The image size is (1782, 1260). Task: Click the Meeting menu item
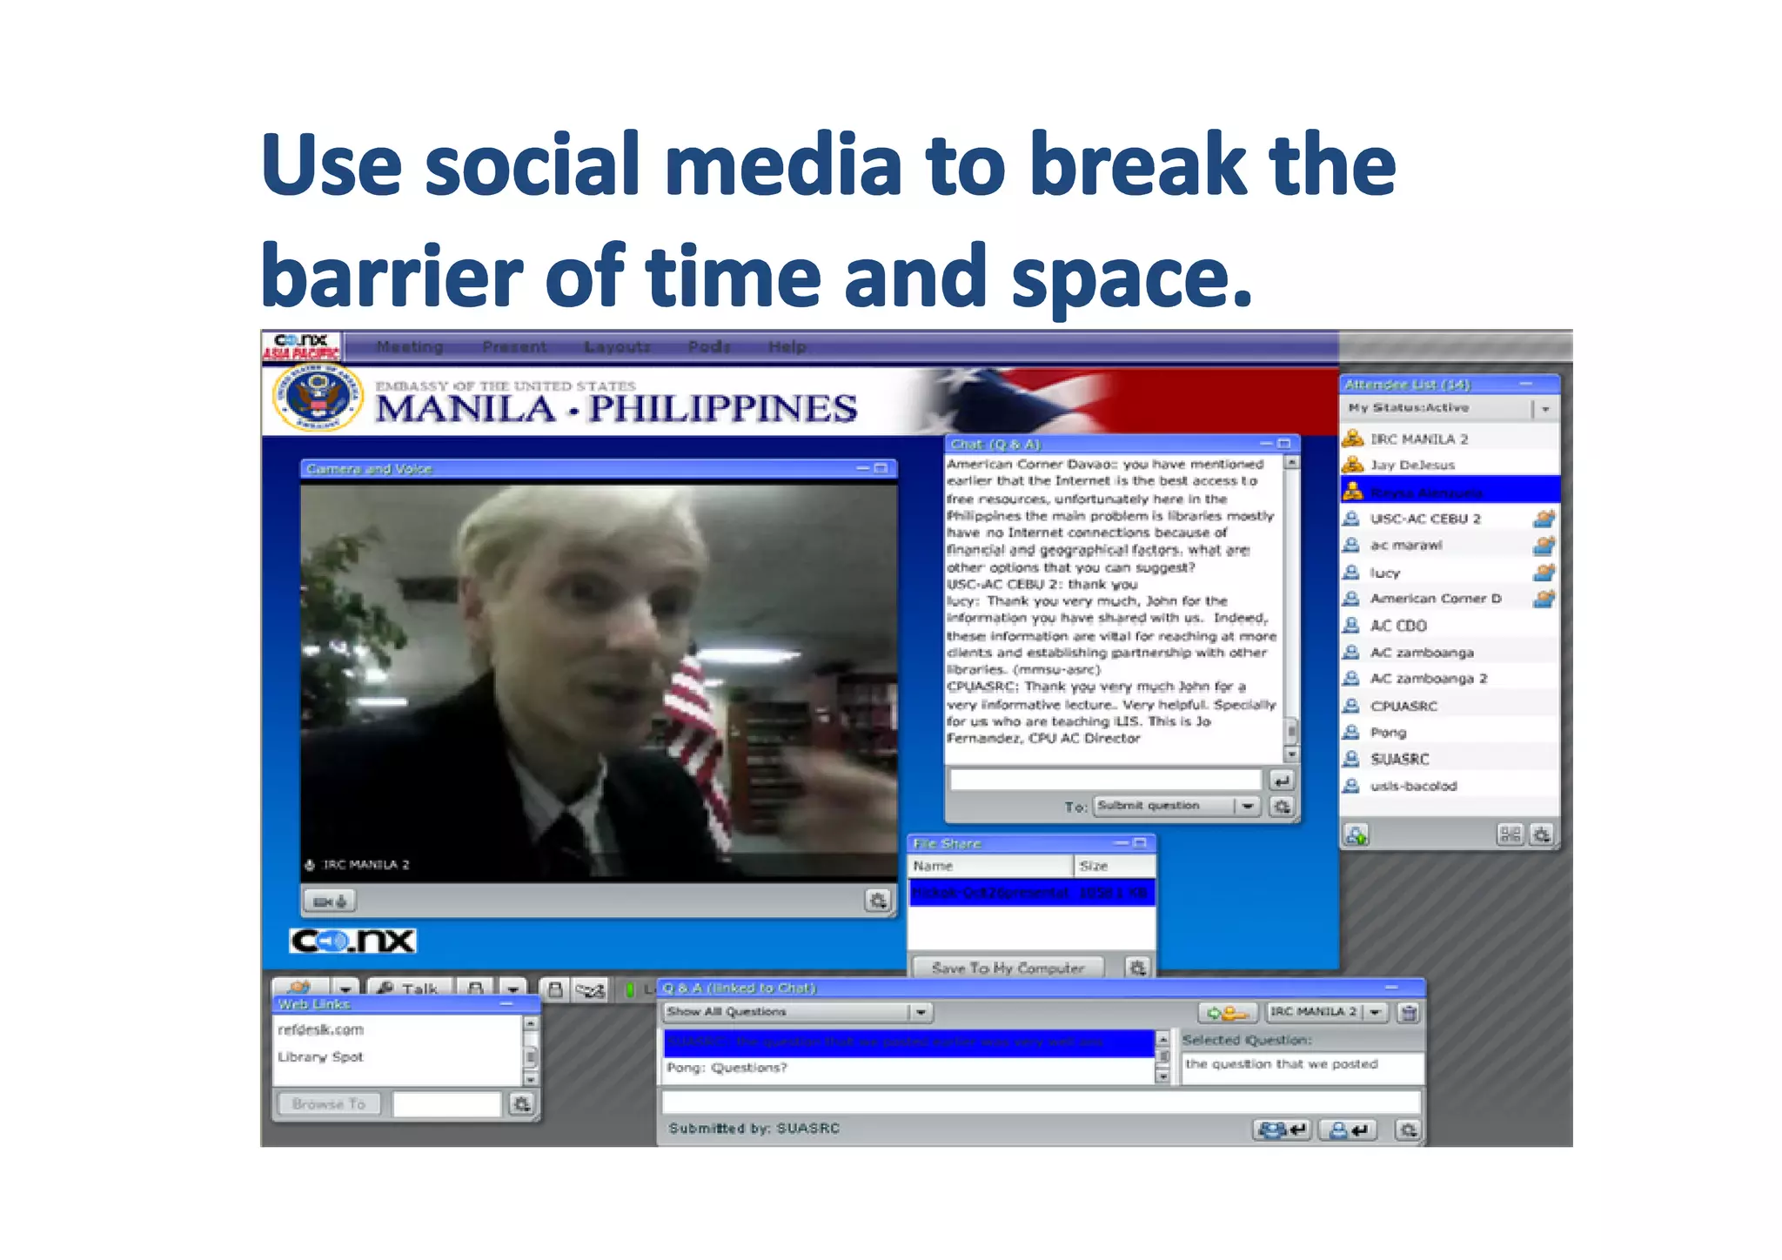click(x=409, y=346)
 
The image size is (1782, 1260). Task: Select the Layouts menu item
click(x=617, y=346)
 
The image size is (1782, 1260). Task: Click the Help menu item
click(x=787, y=346)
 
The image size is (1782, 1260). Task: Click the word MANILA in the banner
click(x=466, y=409)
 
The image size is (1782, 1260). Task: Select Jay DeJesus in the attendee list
click(x=1411, y=465)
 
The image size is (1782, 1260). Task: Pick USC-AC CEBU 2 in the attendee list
click(x=1424, y=519)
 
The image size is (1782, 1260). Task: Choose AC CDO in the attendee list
click(x=1398, y=626)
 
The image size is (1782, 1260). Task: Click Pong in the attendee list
click(x=1388, y=733)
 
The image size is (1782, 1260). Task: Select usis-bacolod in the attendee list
click(x=1413, y=786)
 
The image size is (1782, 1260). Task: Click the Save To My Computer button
click(x=1007, y=968)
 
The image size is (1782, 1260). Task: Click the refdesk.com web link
click(x=321, y=1029)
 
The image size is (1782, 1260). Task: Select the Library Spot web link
click(x=320, y=1056)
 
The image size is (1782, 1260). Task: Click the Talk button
click(x=409, y=989)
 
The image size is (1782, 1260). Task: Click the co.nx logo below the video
click(x=352, y=941)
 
